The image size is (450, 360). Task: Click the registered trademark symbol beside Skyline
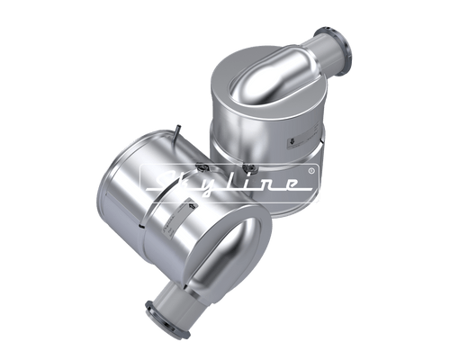coord(311,170)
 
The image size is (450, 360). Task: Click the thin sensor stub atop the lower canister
coord(180,136)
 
